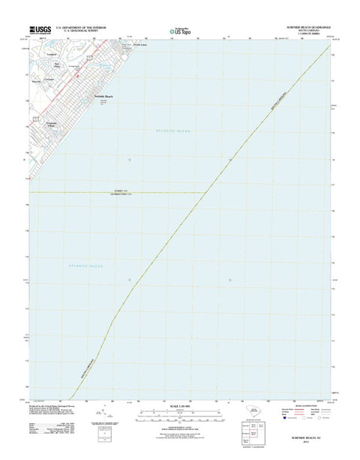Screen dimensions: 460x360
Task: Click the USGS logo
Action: click(40, 29)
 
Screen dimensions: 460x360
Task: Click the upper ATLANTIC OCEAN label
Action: click(174, 131)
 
